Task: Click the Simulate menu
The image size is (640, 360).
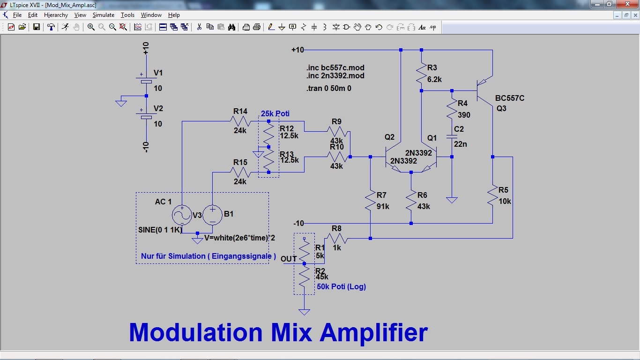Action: pos(103,15)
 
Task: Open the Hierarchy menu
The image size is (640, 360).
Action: pos(56,15)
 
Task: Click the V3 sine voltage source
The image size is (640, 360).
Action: pos(181,215)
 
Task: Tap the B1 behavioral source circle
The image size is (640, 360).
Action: pos(212,215)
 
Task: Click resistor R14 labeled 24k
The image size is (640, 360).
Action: pos(240,121)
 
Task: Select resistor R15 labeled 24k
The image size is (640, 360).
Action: pos(240,172)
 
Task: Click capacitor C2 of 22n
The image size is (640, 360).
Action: pos(452,136)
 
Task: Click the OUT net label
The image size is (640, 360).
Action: pos(289,259)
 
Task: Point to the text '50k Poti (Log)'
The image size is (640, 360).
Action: pos(341,286)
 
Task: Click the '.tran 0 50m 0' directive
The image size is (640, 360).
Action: pos(328,88)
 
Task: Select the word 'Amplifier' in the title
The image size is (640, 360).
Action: pos(373,332)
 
